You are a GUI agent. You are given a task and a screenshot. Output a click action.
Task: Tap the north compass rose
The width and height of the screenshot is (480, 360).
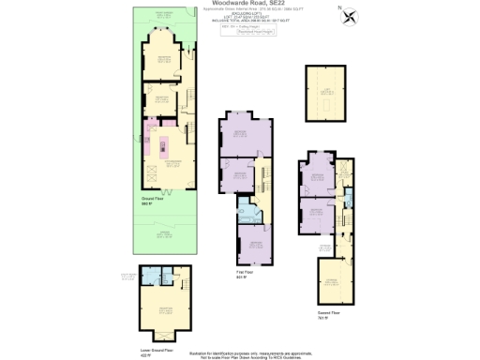(351, 16)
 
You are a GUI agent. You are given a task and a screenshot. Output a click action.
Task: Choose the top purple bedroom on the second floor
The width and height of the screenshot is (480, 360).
(316, 177)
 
